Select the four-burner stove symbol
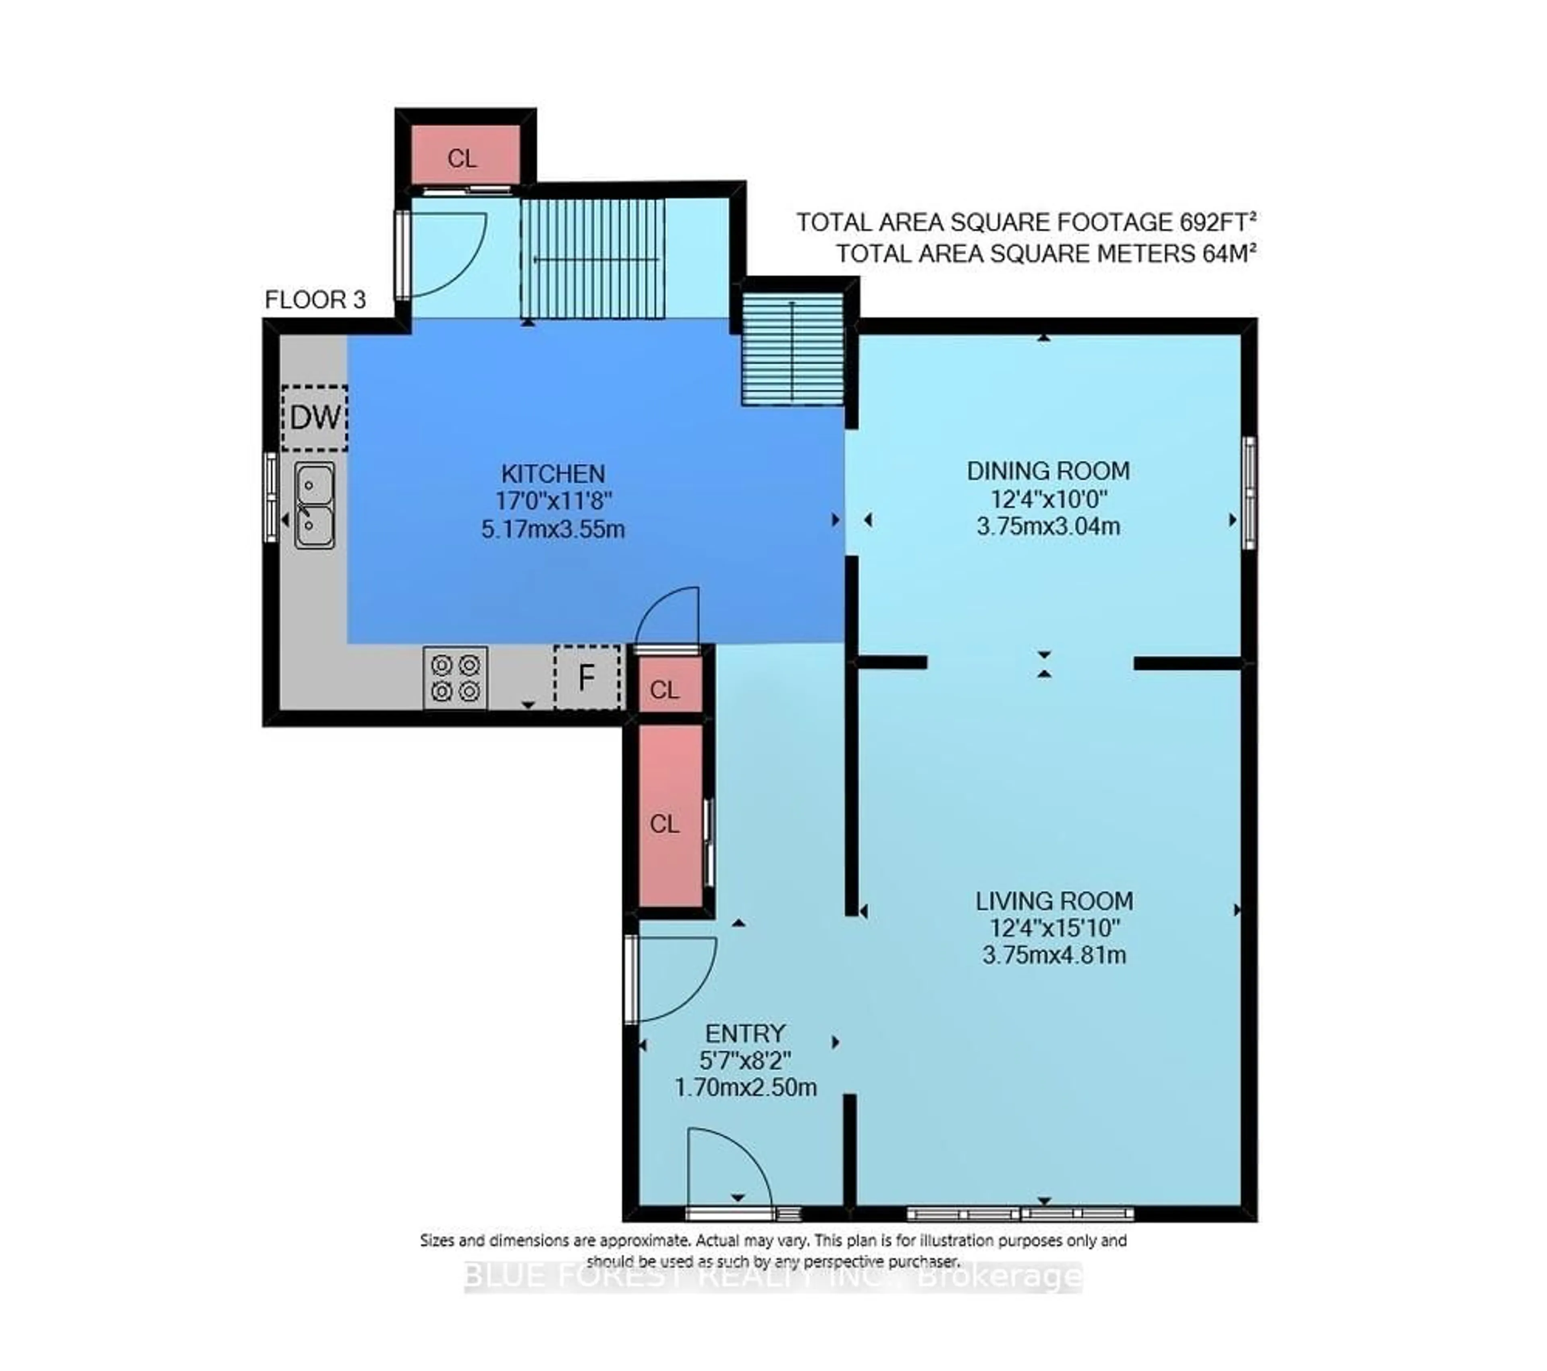[455, 678]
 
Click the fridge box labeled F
[587, 678]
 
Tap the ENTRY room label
[745, 1033]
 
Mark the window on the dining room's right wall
[1250, 493]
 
